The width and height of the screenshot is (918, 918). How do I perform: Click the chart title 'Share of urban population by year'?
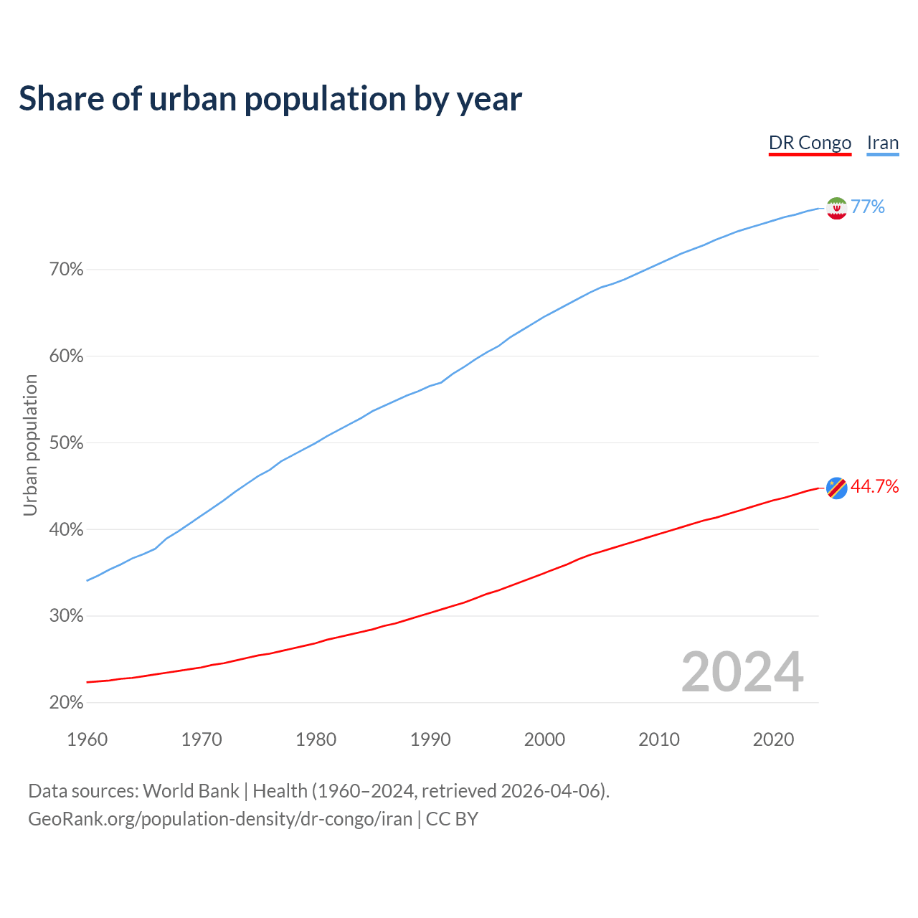270,99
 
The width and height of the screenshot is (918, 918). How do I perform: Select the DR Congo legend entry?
810,143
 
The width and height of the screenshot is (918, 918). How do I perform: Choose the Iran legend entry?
882,143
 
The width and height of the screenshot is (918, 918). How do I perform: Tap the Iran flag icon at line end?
836,208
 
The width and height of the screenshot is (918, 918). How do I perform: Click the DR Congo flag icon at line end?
836,488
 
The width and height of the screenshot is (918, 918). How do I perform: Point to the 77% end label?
868,207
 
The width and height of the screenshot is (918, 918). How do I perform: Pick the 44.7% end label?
874,487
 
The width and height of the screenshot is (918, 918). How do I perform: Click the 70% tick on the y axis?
66,270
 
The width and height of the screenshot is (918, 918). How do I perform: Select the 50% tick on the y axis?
66,443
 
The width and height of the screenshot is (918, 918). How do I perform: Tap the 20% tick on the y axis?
66,703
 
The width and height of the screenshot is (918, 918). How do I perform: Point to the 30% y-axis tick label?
66,616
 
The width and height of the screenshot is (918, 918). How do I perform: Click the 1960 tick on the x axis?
87,739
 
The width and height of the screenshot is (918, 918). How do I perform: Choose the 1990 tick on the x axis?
430,739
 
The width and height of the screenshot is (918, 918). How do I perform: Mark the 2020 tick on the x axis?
773,739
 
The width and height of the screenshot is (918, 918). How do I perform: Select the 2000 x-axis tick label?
544,739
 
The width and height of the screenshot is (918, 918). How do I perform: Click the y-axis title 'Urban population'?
30,445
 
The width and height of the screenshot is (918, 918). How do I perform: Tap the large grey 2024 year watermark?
742,672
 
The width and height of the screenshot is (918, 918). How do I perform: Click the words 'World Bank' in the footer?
191,791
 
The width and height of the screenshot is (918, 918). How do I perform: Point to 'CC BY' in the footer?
452,819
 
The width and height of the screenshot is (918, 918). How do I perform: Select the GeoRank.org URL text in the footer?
220,819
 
